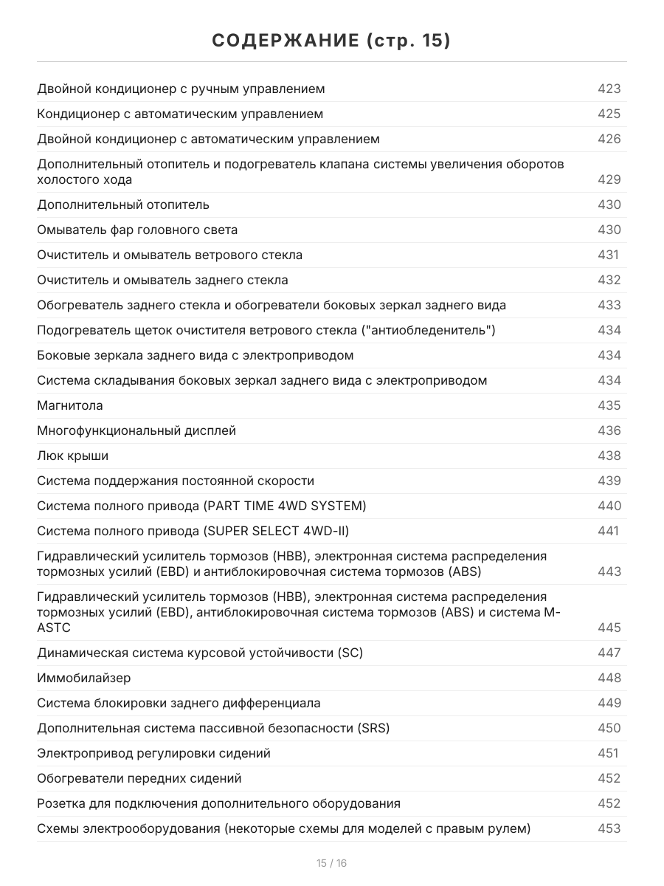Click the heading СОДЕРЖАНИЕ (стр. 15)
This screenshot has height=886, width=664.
coord(331,40)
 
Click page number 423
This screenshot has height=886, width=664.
coord(609,89)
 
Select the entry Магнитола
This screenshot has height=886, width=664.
coord(70,405)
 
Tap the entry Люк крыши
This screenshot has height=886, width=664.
coord(72,456)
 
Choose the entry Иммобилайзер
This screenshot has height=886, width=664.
coord(83,678)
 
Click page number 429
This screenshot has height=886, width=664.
coord(609,179)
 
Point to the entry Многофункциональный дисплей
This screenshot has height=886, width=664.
coord(136,430)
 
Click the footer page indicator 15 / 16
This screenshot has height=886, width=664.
coord(331,863)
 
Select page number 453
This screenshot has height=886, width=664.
coord(609,828)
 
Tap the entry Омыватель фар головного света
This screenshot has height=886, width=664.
coord(137,230)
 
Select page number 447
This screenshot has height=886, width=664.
coord(609,653)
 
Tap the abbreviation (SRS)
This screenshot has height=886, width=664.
coord(373,728)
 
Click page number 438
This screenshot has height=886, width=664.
coord(609,456)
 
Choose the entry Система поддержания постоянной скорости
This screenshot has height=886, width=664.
coord(176,481)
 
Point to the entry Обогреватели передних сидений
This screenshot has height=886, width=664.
coord(139,778)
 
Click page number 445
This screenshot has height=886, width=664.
coord(609,628)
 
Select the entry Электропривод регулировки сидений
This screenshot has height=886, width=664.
coord(153,753)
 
